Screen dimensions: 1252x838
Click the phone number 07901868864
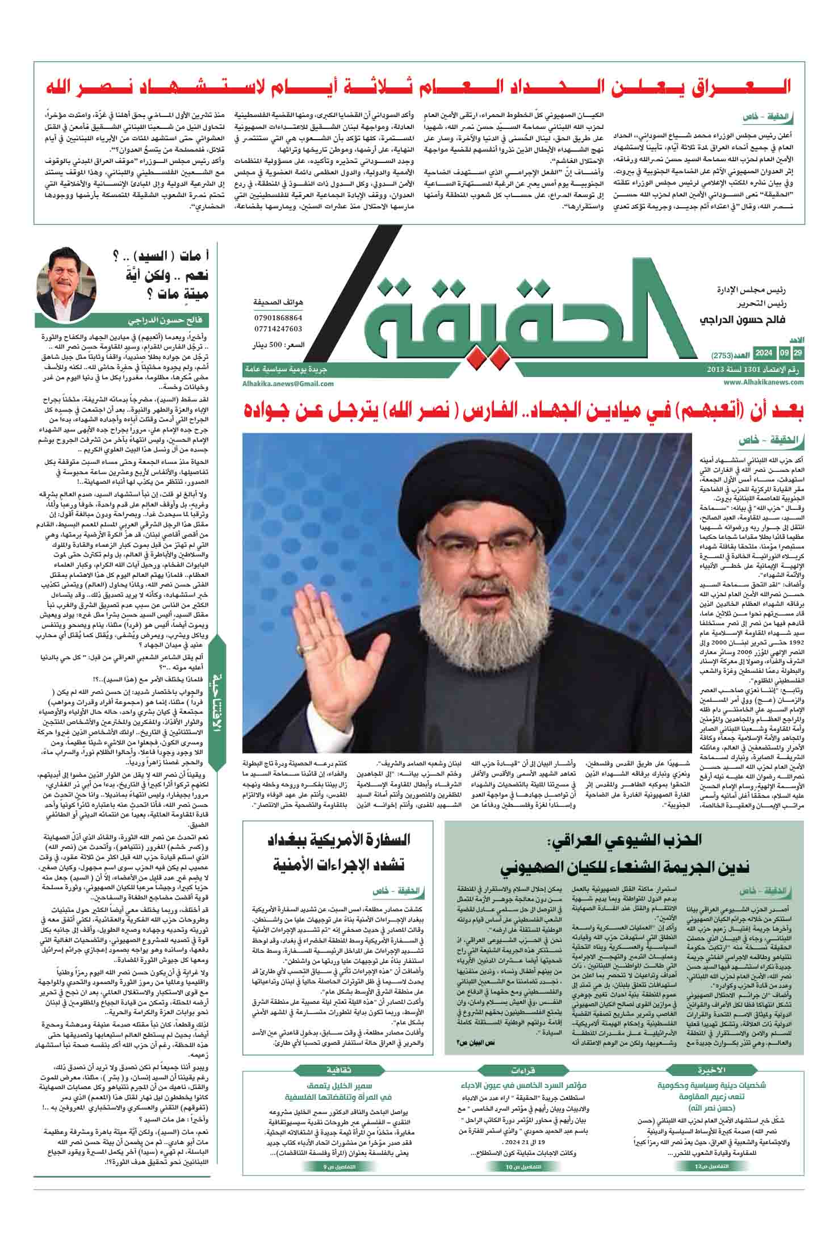point(278,319)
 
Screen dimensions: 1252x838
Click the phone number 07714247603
point(278,329)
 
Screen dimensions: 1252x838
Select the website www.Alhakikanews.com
point(764,383)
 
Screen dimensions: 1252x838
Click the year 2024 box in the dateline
point(764,354)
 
